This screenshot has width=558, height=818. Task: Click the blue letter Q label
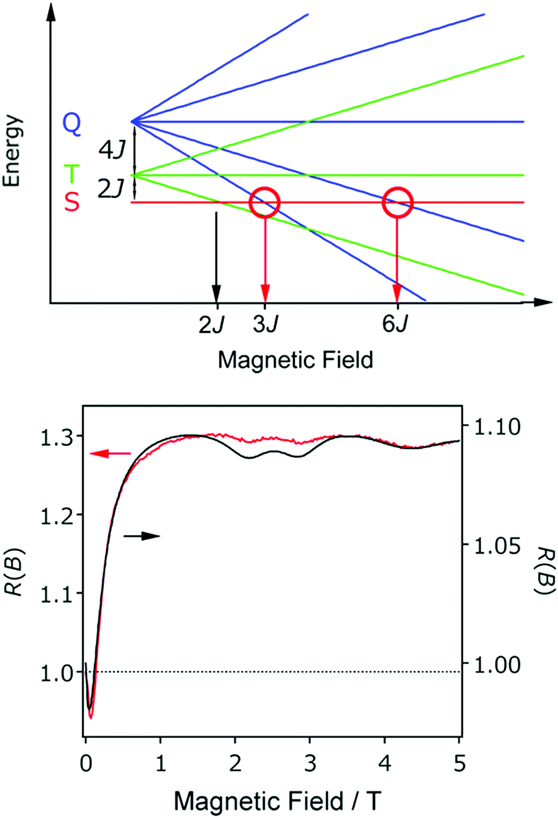pos(71,122)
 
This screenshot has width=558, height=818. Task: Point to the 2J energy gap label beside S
pos(110,189)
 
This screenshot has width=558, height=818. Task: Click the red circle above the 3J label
pos(265,202)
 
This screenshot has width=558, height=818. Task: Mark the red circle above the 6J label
pos(398,202)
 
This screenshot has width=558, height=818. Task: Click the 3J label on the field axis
pos(266,324)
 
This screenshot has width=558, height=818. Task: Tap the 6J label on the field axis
pos(395,324)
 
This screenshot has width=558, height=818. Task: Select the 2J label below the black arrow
pos(211,325)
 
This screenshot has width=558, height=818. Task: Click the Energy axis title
pos(12,151)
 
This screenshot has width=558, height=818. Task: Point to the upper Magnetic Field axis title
pos(295,361)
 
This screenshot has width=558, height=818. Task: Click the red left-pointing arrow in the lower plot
pos(110,453)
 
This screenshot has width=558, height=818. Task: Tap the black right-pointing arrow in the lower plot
pos(142,536)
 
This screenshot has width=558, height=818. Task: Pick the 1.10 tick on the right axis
pos(497,426)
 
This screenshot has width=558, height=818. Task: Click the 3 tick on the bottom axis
pos(310,764)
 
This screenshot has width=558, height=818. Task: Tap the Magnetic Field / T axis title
pos(278,801)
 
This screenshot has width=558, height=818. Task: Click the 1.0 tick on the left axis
pos(57,673)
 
